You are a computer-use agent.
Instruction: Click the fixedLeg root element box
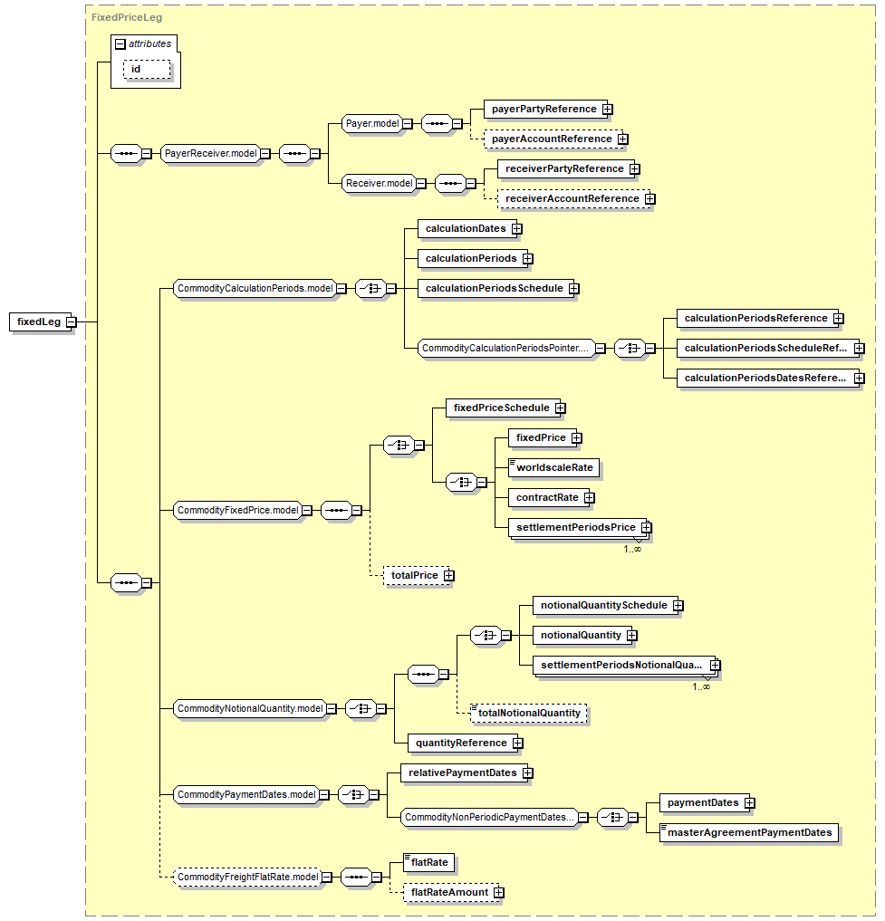coord(39,321)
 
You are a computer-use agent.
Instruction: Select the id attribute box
coord(147,70)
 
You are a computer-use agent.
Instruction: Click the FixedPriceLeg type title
coord(126,17)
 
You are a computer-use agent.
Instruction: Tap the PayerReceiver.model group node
coord(210,153)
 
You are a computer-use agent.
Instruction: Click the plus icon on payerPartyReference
coord(608,110)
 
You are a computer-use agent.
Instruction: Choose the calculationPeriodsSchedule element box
coord(495,288)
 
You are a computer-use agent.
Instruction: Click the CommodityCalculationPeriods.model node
coord(255,288)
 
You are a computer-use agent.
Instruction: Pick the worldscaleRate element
coord(553,467)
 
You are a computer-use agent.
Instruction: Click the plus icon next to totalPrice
coord(449,576)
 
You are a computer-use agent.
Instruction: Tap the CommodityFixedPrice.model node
coord(238,511)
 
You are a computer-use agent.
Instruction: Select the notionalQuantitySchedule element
coord(605,606)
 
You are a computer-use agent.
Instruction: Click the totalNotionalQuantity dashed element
coord(529,713)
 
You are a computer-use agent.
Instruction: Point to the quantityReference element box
coord(463,743)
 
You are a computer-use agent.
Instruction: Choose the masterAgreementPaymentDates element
coord(749,832)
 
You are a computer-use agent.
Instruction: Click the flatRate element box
coord(429,862)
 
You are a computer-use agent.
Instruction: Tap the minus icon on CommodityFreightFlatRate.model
coord(327,878)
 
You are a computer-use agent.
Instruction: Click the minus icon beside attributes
coord(120,44)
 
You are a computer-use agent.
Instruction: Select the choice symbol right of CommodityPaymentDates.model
coord(354,795)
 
